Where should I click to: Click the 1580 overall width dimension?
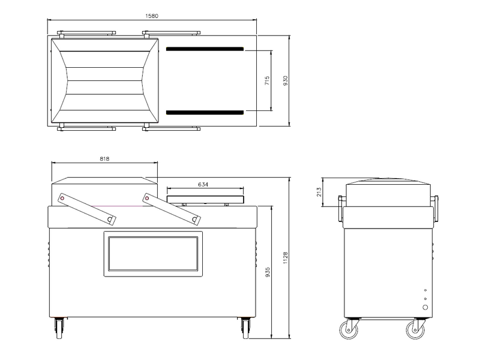(x=152, y=16)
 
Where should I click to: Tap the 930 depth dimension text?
(x=286, y=80)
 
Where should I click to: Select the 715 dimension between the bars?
(x=267, y=80)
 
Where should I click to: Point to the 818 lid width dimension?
(x=104, y=158)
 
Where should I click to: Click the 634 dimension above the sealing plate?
(x=203, y=184)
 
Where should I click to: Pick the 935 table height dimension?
(x=268, y=272)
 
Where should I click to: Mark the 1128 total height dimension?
(x=286, y=258)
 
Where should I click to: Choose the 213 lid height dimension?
(x=319, y=192)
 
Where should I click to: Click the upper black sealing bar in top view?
(x=205, y=49)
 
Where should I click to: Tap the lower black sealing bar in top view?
(x=205, y=112)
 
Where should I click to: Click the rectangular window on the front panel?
(x=153, y=254)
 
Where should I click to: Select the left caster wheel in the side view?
(x=349, y=330)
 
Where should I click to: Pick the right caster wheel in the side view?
(x=415, y=330)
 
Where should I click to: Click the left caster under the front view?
(x=59, y=328)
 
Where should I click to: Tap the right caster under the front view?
(x=245, y=328)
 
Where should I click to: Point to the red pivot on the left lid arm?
(x=62, y=198)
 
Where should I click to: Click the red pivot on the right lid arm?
(x=147, y=198)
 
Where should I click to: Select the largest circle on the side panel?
(x=425, y=307)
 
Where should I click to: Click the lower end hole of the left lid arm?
(x=110, y=219)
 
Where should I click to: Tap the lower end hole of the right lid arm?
(x=194, y=219)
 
